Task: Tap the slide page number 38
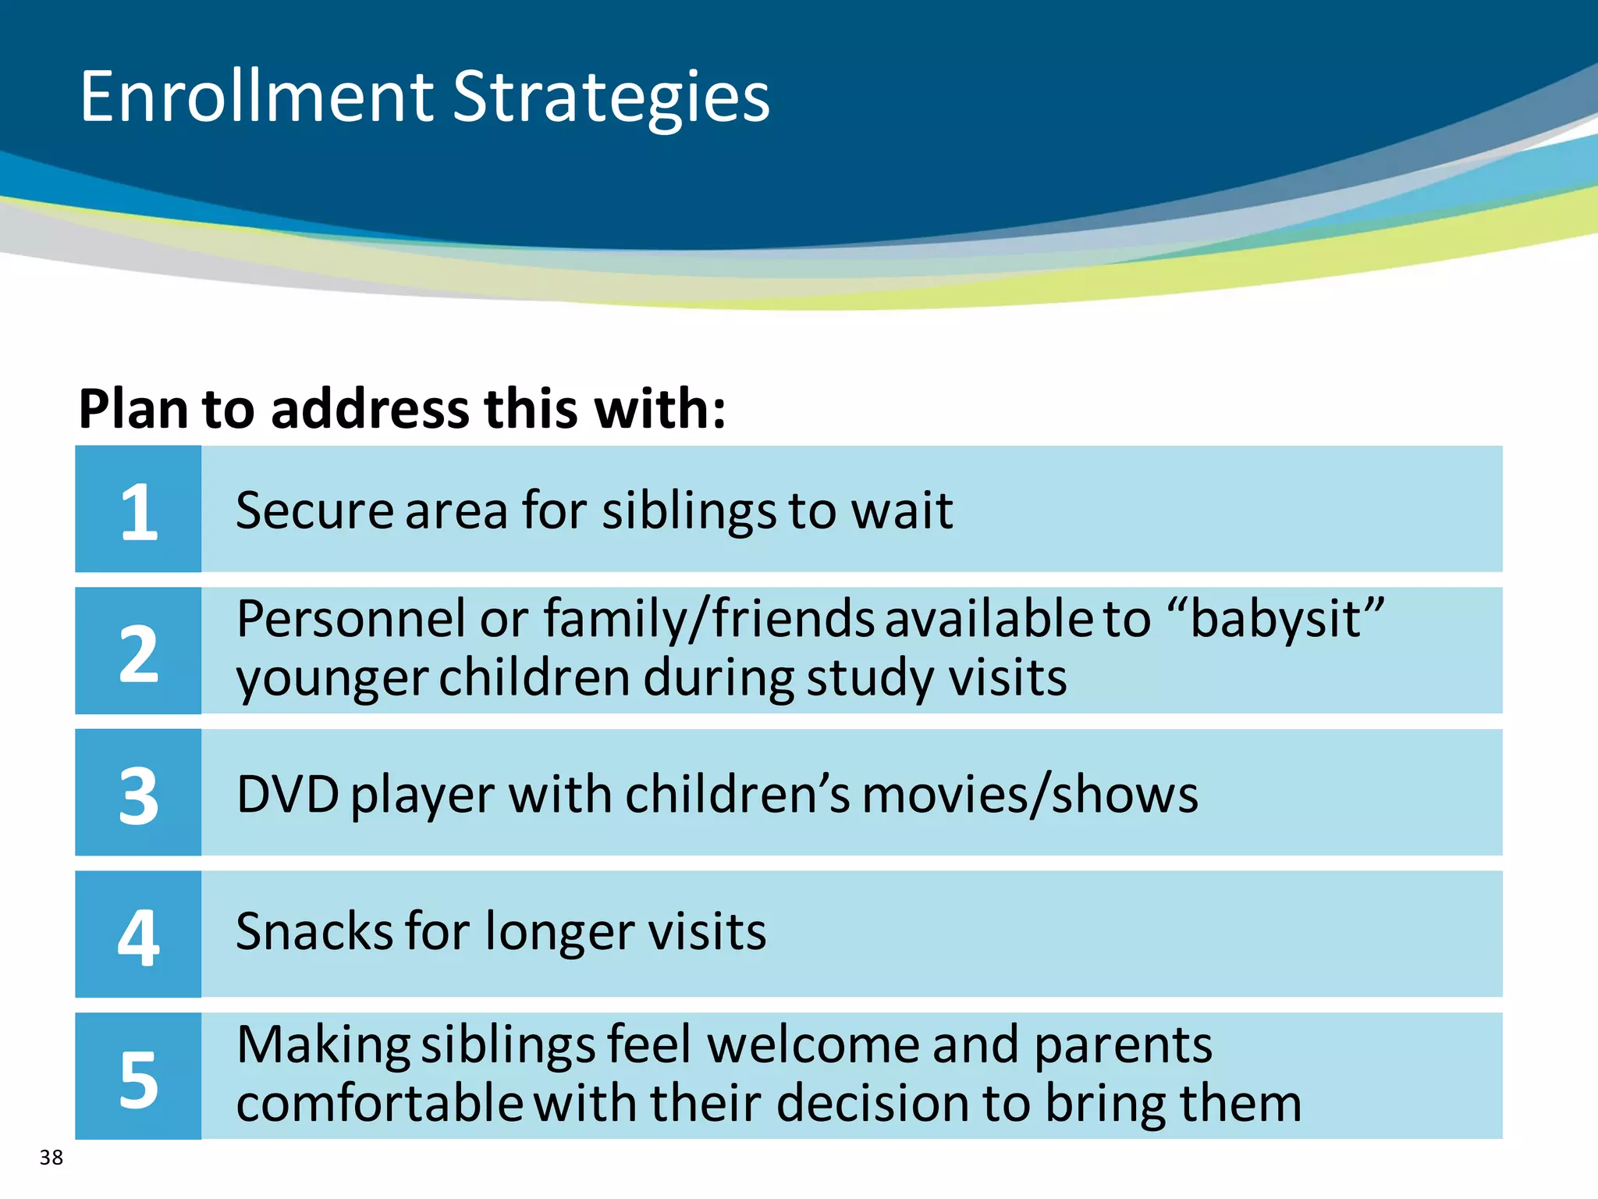(x=51, y=1157)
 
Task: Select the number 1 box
(x=138, y=509)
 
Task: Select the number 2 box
(x=138, y=651)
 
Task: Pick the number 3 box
(x=138, y=793)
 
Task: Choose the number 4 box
(x=138, y=934)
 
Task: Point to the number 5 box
(x=138, y=1076)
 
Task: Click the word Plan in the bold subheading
(x=133, y=409)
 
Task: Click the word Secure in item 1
(x=314, y=511)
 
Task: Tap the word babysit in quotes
(x=1275, y=620)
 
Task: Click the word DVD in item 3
(x=287, y=795)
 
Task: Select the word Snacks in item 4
(x=314, y=931)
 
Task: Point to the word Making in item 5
(x=323, y=1046)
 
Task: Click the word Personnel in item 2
(x=351, y=619)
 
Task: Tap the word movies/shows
(x=1030, y=795)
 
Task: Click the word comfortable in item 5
(x=379, y=1104)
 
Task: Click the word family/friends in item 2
(x=708, y=619)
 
